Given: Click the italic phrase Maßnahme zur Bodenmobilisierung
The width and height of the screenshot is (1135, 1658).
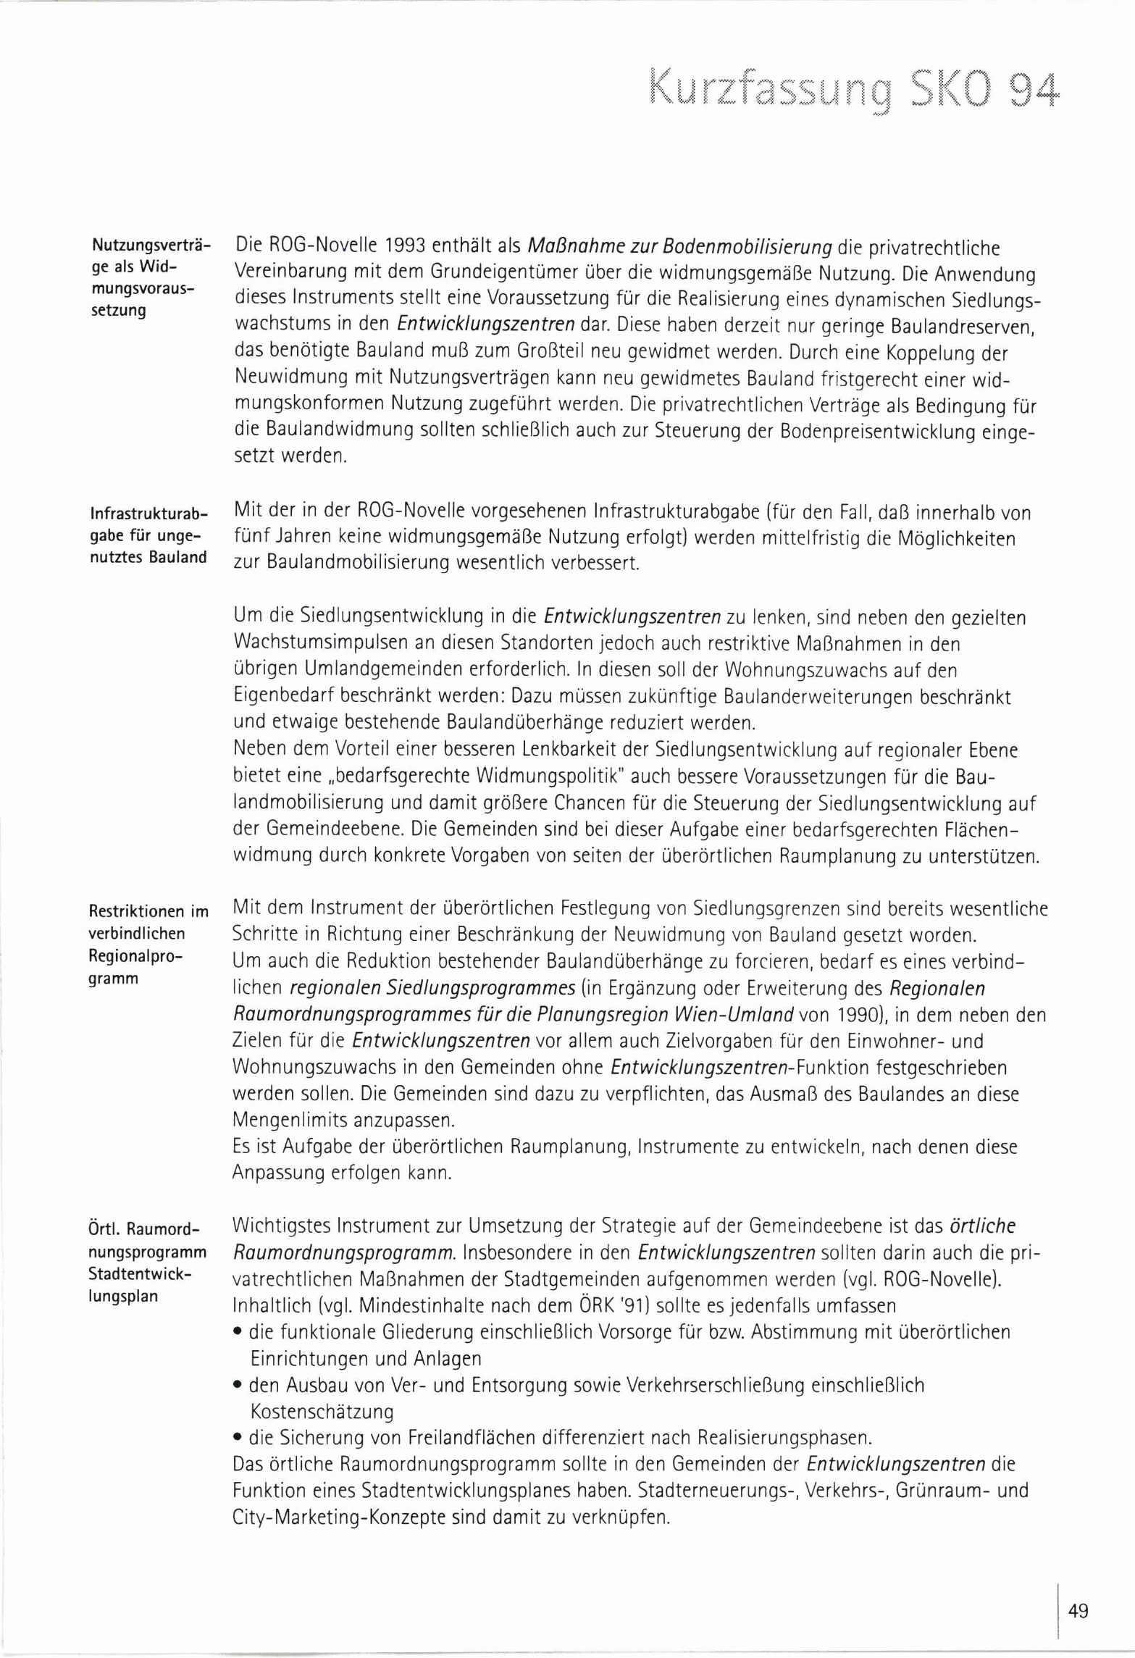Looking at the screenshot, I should [x=679, y=247].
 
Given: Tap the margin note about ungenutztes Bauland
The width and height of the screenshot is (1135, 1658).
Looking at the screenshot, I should [x=148, y=536].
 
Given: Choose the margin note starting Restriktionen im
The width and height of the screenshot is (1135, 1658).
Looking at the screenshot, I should [x=148, y=945].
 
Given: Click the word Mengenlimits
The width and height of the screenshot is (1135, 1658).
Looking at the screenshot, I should [x=290, y=1120].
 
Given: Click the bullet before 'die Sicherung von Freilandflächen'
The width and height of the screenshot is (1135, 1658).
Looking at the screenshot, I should [x=238, y=1438].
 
